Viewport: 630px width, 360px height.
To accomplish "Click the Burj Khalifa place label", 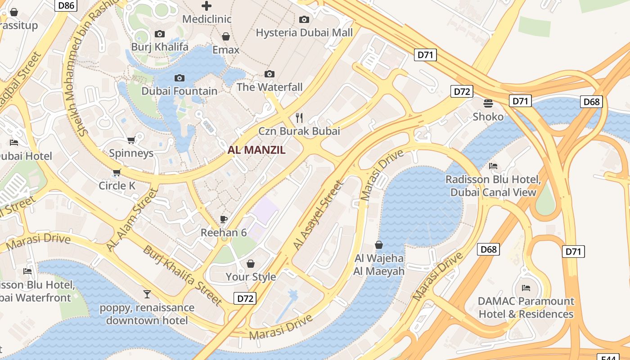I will click(x=160, y=47).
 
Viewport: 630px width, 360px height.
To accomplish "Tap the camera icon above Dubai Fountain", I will click(x=180, y=78).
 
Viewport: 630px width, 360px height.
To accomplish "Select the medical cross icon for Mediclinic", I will click(x=207, y=6).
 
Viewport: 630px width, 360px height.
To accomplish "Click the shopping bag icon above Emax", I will click(x=226, y=36).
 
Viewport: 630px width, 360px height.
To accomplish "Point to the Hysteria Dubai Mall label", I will click(x=304, y=33).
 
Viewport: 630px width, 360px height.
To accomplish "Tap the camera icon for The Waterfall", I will click(x=270, y=74).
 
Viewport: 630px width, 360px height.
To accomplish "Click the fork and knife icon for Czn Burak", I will click(x=299, y=118).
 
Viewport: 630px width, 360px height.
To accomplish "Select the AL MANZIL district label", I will click(x=256, y=150).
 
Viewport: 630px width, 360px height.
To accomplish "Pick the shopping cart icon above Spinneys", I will click(x=131, y=140).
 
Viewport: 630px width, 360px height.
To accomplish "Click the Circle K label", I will click(x=117, y=185).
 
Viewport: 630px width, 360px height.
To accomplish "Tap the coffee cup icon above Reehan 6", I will click(x=224, y=219).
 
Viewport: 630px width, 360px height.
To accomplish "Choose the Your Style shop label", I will click(x=251, y=277).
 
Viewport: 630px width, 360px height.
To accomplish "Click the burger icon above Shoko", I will click(x=488, y=103).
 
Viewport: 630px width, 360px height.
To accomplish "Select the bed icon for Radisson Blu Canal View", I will click(x=493, y=166).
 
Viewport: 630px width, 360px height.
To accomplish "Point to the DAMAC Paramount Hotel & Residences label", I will click(x=526, y=307).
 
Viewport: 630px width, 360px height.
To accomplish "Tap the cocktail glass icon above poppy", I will click(x=147, y=294).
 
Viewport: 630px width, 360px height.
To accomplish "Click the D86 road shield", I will click(x=66, y=5).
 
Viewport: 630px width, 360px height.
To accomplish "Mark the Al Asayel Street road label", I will click(x=318, y=215).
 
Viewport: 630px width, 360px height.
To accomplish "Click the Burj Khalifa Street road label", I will click(x=182, y=275).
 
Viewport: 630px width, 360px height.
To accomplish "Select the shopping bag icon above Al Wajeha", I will click(x=379, y=245).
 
